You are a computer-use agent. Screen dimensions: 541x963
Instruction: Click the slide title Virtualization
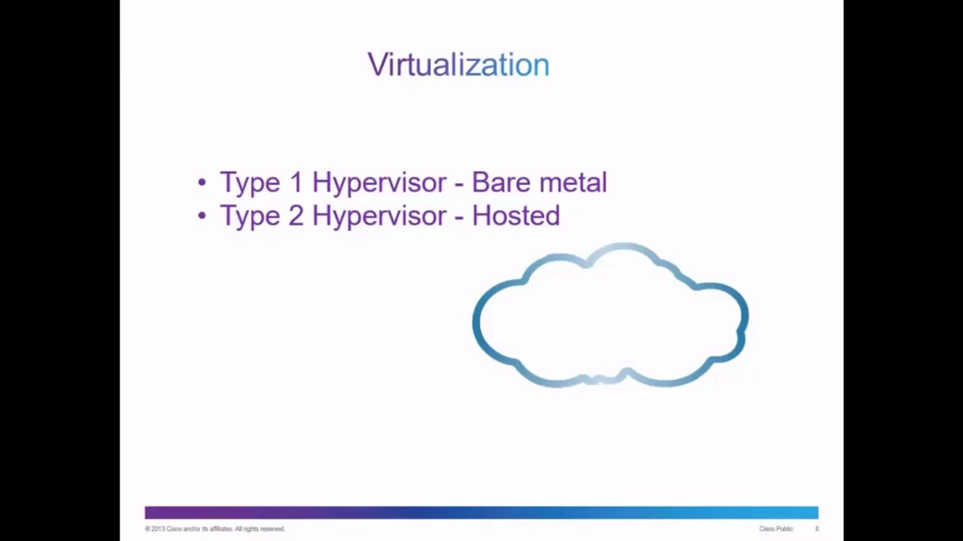[458, 65]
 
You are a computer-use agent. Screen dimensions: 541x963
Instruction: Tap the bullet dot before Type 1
[202, 183]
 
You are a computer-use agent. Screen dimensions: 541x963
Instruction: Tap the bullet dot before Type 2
[202, 216]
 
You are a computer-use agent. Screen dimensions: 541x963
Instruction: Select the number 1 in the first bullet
[295, 183]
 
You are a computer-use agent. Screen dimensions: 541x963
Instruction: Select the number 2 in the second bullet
[295, 216]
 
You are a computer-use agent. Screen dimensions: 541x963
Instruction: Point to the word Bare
[500, 183]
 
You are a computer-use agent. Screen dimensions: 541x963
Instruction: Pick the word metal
[573, 183]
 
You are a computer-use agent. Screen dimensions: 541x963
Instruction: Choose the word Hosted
[515, 216]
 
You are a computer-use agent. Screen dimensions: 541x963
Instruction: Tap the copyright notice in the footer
[215, 529]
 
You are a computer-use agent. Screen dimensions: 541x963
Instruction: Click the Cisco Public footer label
[776, 529]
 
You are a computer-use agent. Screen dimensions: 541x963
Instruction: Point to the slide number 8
[817, 529]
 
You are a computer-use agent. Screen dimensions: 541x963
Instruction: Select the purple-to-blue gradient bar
[481, 512]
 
